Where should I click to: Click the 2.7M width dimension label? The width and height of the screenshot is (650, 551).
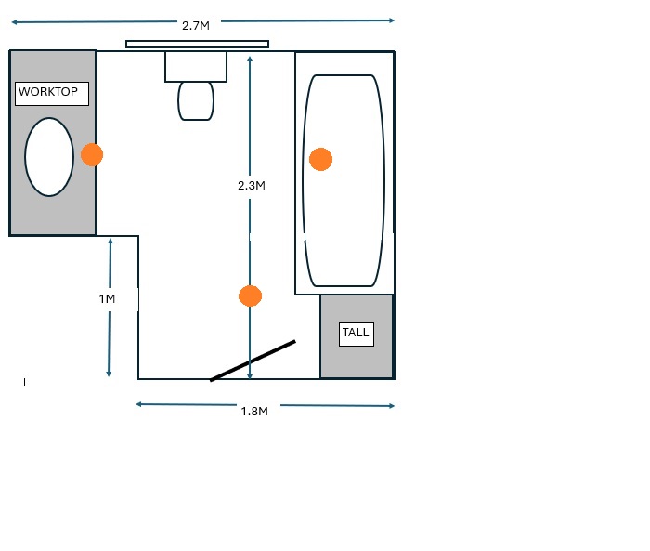pos(196,26)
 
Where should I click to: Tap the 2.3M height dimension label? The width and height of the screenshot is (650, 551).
pos(252,186)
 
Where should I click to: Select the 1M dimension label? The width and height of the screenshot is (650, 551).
pos(107,299)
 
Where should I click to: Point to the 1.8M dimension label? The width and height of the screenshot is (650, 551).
pos(254,412)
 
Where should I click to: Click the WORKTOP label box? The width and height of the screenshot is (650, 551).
pos(52,93)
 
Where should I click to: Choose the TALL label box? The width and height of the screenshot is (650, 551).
pos(357,335)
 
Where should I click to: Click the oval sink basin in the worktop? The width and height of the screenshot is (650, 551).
pos(49,157)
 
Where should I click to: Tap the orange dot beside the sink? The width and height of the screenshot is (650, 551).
pos(92,155)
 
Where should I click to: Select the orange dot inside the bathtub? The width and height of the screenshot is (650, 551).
pos(321,159)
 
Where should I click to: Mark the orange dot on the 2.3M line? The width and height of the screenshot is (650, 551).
pos(251,295)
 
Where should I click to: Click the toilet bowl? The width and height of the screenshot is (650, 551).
pos(196,101)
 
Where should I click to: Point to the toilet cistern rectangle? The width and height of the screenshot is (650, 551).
pos(196,66)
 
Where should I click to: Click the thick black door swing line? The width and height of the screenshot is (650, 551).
pos(253,361)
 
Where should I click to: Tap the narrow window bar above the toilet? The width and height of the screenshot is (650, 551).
pos(197,44)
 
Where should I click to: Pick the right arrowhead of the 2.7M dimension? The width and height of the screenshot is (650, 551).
pos(392,20)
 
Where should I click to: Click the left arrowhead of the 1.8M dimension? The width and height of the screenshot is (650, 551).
pos(139,404)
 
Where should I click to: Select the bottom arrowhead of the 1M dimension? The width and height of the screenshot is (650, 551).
pos(109,374)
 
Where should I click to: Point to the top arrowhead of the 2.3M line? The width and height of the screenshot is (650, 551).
pos(250,59)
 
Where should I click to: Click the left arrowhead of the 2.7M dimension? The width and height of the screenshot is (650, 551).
pos(15,22)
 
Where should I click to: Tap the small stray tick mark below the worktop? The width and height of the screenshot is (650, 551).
pos(24,382)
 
